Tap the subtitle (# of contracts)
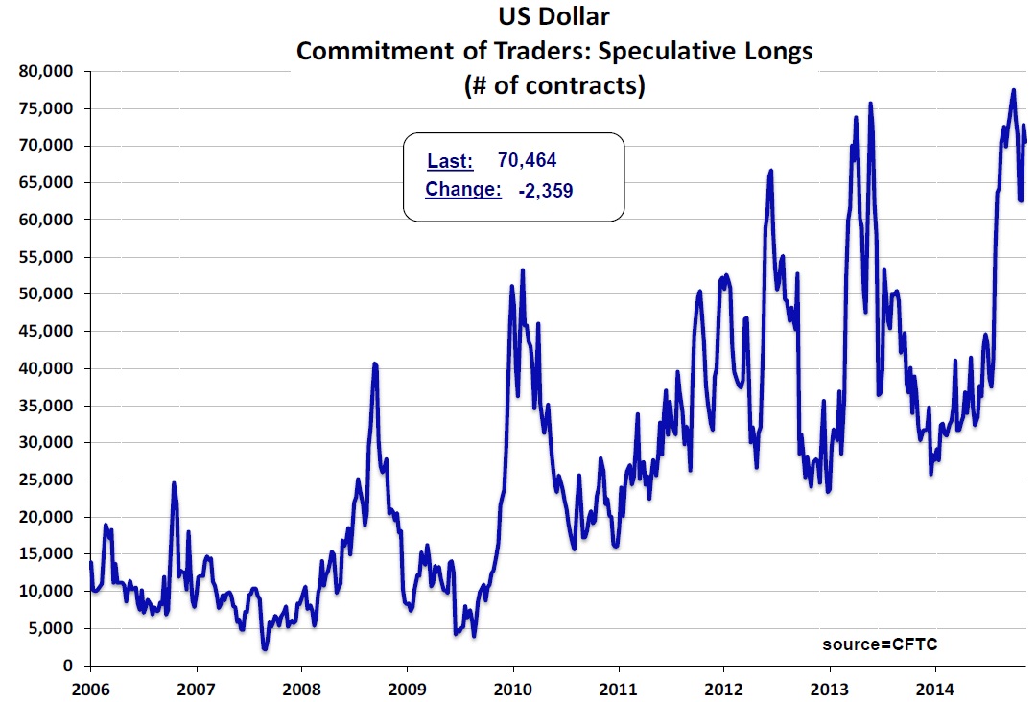pyautogui.click(x=553, y=84)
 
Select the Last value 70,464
pyautogui.click(x=528, y=160)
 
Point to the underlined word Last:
pyautogui.click(x=450, y=160)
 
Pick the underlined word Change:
pyautogui.click(x=463, y=190)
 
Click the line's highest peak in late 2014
pyautogui.click(x=1013, y=90)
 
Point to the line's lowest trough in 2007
pyautogui.click(x=264, y=649)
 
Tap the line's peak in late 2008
pyautogui.click(x=375, y=363)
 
